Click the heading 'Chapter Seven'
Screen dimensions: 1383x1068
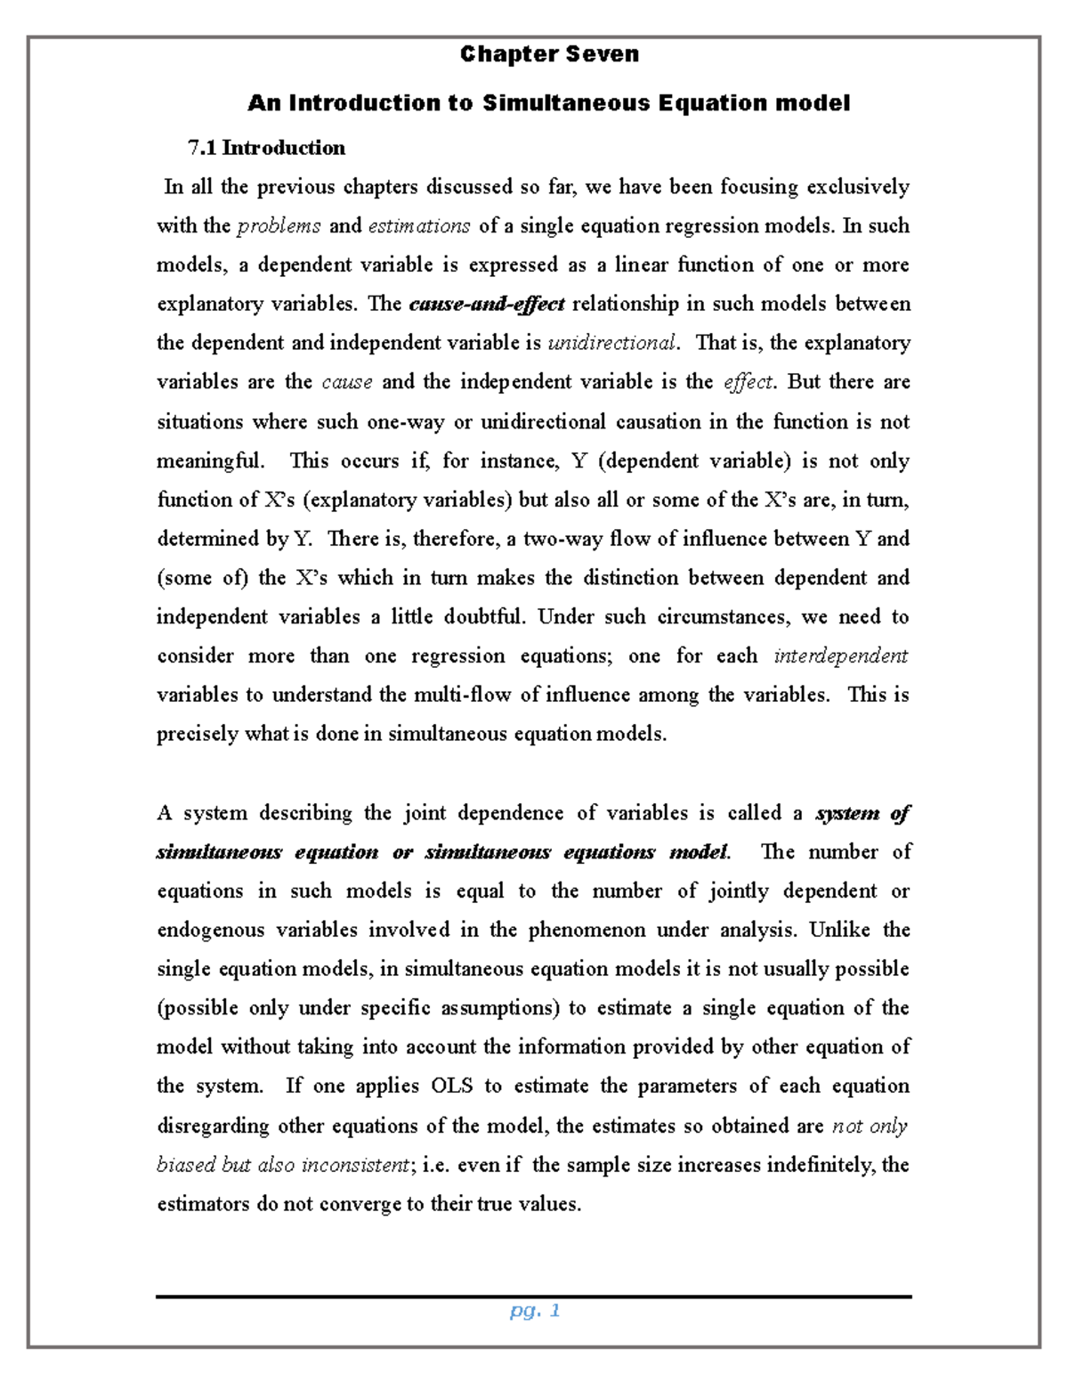(549, 54)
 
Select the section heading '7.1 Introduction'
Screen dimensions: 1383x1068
(265, 148)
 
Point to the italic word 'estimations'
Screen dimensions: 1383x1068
(419, 226)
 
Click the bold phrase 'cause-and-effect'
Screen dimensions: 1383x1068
(487, 305)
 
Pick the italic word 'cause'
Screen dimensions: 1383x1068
(347, 383)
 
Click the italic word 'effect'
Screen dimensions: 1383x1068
(748, 383)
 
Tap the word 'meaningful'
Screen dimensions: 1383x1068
(210, 461)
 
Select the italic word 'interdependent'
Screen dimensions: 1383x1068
(841, 656)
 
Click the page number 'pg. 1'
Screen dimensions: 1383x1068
(534, 1311)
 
